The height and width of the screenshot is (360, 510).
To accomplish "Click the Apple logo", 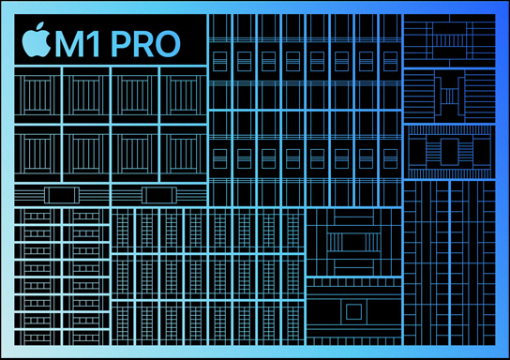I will click(34, 42).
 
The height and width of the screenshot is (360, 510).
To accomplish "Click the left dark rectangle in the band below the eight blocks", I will click(61, 195).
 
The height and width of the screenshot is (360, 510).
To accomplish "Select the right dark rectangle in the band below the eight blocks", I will click(157, 195).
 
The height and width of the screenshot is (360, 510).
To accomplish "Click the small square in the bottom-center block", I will click(352, 311).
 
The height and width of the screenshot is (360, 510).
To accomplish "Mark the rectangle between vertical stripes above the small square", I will click(352, 241).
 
